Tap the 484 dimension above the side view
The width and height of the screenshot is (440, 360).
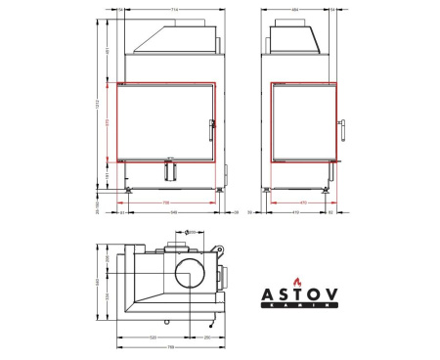coord(296,10)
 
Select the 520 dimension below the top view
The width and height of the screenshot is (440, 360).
coord(154,337)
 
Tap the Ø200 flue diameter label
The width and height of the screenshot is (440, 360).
coord(191,232)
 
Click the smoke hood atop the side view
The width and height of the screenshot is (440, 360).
coord(296,38)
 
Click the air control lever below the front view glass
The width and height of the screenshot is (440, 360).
coord(172,169)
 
